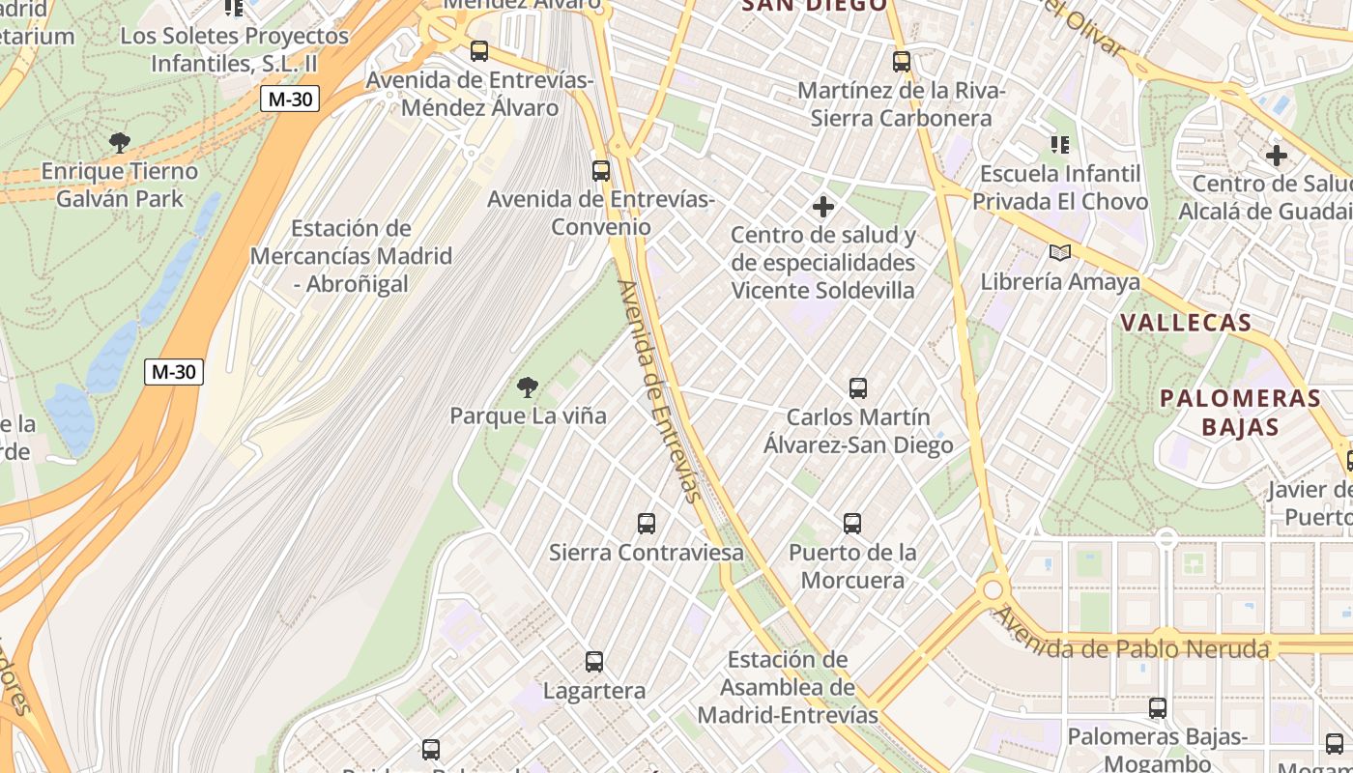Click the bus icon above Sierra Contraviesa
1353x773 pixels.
(x=647, y=524)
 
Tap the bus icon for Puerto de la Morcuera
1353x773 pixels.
(x=851, y=524)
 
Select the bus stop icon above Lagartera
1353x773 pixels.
(x=594, y=662)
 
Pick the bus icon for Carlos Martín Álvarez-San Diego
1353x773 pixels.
(x=857, y=388)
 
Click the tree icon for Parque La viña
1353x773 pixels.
(x=528, y=388)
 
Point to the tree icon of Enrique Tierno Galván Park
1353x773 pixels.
(x=120, y=144)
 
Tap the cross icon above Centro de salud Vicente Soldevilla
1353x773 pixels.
(x=822, y=207)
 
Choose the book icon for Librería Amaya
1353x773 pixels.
(x=1060, y=253)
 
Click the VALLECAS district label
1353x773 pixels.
(x=1186, y=323)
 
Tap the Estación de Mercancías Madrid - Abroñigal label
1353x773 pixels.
(x=351, y=256)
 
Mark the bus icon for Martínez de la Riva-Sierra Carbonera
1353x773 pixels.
(x=902, y=62)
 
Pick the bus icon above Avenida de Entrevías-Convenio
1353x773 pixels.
(x=601, y=171)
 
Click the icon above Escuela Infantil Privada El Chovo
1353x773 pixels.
(x=1060, y=145)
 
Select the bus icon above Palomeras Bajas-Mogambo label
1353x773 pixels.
(x=1157, y=708)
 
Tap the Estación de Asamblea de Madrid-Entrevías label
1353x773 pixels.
(x=788, y=687)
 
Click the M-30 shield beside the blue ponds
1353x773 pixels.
(x=174, y=371)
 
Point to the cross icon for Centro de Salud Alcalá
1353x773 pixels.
(x=1276, y=155)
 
